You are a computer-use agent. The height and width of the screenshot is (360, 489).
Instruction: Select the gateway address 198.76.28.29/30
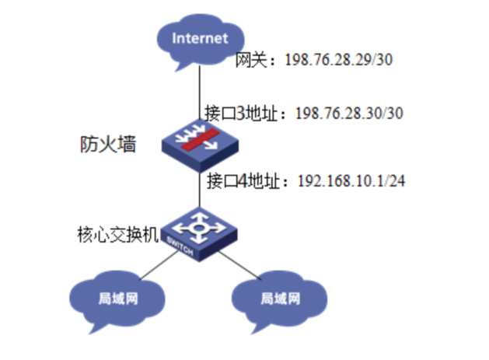pos(330,61)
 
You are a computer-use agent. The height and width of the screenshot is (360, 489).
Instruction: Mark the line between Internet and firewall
pos(201,89)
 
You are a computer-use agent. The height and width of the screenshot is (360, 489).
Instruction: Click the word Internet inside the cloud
pos(200,37)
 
